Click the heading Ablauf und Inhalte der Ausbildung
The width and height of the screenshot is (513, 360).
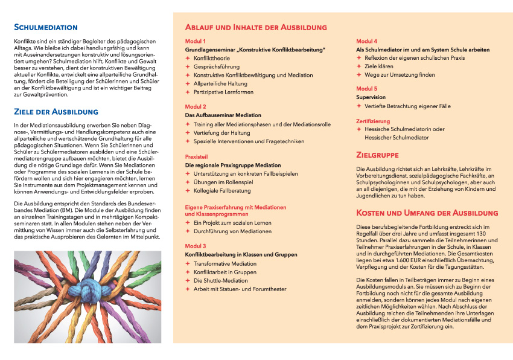tap(256, 27)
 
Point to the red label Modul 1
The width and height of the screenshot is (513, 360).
tap(196, 40)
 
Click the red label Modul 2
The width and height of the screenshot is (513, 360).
tap(196, 106)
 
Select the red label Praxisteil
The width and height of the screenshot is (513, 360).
tap(197, 155)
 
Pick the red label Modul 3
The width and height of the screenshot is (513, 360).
tap(196, 246)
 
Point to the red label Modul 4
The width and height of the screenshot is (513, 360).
tap(367, 40)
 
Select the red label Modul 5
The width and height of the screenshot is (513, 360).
tap(367, 88)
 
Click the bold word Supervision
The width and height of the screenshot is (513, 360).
tap(371, 97)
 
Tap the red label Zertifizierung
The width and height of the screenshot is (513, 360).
tap(374, 121)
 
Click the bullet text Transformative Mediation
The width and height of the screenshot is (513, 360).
tap(225, 263)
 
